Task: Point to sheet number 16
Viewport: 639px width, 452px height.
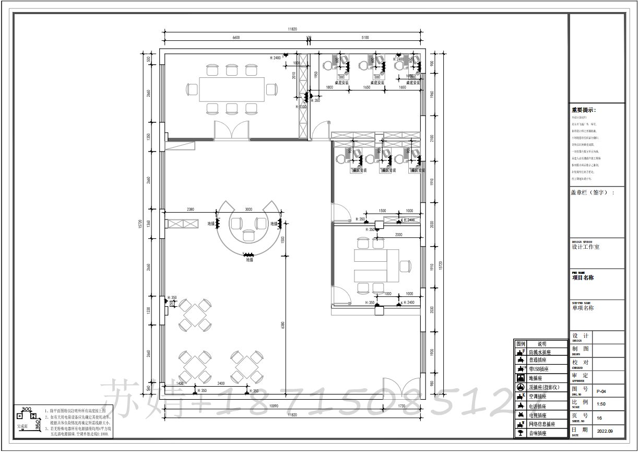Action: (599, 418)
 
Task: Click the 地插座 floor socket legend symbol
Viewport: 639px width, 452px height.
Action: (520, 378)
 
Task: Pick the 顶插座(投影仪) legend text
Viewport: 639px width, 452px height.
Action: (546, 387)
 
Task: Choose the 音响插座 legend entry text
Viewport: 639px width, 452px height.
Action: (538, 434)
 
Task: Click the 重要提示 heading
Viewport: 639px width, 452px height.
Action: (584, 110)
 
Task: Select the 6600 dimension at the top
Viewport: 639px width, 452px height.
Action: (235, 38)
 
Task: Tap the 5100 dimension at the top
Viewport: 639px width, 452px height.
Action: (365, 38)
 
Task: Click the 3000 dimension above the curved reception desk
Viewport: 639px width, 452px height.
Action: (249, 209)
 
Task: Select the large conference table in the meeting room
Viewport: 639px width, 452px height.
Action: (231, 90)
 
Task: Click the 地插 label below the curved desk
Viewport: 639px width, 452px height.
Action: (249, 260)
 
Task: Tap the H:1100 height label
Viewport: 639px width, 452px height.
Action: (301, 107)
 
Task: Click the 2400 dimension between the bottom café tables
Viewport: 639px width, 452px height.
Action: (221, 383)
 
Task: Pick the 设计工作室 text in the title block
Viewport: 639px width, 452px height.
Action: (586, 247)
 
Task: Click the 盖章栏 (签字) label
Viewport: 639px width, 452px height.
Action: (593, 192)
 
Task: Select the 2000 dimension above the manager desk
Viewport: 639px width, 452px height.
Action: (398, 235)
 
